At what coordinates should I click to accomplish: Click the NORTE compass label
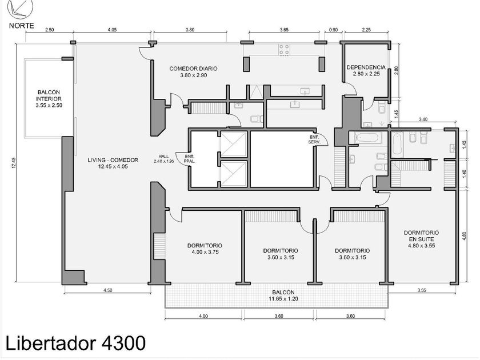pyautogui.click(x=22, y=26)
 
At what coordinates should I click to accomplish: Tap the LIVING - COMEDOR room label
pyautogui.click(x=113, y=163)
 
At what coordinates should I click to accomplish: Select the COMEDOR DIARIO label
pyautogui.click(x=194, y=71)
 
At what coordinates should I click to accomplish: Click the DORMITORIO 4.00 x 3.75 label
pyautogui.click(x=205, y=249)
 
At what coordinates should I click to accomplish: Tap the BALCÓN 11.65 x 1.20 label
pyautogui.click(x=283, y=296)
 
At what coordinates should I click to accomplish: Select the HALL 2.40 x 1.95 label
pyautogui.click(x=164, y=159)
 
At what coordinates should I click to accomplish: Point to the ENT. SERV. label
pyautogui.click(x=314, y=140)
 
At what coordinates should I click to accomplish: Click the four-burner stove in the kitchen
pyautogui.click(x=284, y=50)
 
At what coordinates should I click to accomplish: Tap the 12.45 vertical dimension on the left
pyautogui.click(x=14, y=163)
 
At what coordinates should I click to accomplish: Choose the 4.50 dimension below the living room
pyautogui.click(x=108, y=290)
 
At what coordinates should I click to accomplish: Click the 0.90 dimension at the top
pyautogui.click(x=333, y=30)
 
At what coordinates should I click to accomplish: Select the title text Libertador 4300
pyautogui.click(x=75, y=343)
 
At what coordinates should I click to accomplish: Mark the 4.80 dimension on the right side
pyautogui.click(x=465, y=236)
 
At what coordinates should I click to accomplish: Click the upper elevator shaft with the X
pyautogui.click(x=234, y=144)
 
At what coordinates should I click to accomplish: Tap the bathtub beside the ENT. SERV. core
pyautogui.click(x=368, y=138)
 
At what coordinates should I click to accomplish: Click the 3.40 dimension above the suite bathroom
pyautogui.click(x=423, y=119)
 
